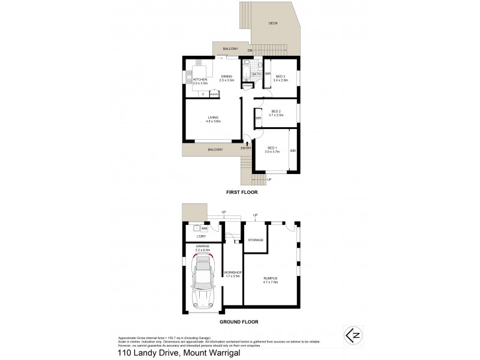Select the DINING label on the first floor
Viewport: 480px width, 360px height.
coord(226,76)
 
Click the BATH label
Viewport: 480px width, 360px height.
coord(256,74)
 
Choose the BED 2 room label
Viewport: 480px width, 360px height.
coord(276,111)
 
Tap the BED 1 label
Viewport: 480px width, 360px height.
coord(272,148)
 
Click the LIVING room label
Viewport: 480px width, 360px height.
coord(213,118)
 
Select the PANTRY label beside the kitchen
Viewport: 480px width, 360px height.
coord(214,94)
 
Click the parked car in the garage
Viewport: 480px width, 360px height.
coord(203,280)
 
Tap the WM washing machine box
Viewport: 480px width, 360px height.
coord(204,229)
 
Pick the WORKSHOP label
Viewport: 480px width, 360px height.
coord(232,273)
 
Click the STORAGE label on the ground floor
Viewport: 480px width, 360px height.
coord(256,240)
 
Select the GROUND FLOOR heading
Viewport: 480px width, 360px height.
coord(238,322)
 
